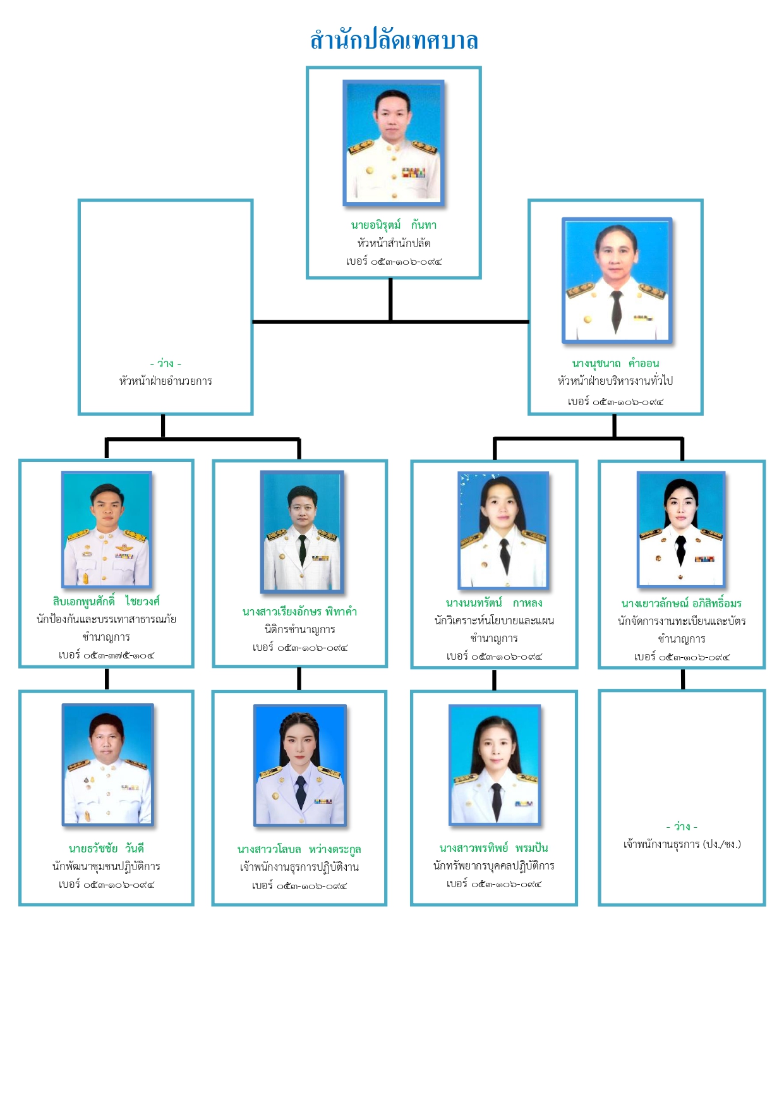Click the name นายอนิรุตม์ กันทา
(x=394, y=225)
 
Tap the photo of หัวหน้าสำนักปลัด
(x=394, y=142)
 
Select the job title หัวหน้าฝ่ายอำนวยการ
(x=166, y=381)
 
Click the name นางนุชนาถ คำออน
(x=615, y=363)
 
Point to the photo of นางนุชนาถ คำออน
(x=617, y=281)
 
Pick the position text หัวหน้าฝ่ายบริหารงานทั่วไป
(x=615, y=381)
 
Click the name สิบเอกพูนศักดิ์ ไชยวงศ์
(x=106, y=601)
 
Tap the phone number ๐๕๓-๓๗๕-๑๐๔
(x=106, y=655)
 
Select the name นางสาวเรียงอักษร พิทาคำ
(x=299, y=612)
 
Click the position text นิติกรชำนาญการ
(x=299, y=629)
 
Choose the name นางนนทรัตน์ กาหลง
(x=494, y=603)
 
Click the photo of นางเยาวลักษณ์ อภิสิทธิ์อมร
(x=681, y=530)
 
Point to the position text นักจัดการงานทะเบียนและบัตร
(x=682, y=621)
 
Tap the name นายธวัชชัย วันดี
(x=106, y=848)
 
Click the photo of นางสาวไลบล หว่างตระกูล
(x=300, y=765)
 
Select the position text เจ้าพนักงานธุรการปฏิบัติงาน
(x=299, y=867)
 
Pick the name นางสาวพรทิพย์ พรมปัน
(x=494, y=848)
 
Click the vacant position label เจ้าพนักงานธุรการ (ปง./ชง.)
(x=682, y=844)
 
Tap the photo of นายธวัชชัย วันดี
(x=107, y=764)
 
